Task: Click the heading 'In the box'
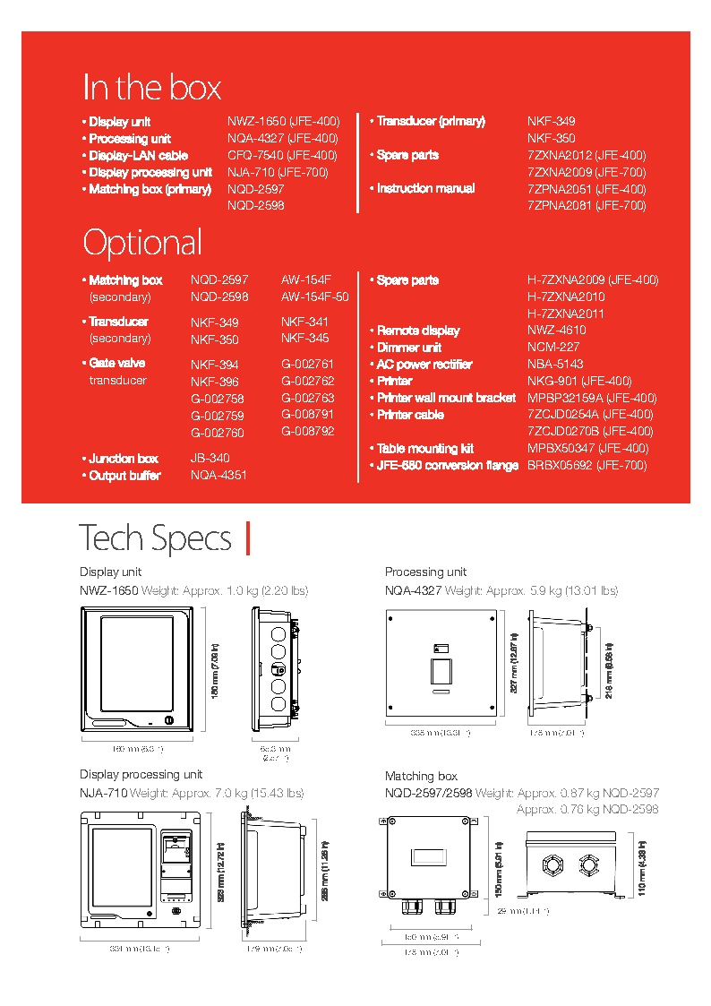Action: click(151, 88)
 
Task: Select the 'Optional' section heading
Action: click(142, 243)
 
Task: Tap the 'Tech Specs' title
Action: click(155, 538)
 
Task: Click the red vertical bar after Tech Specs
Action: click(247, 538)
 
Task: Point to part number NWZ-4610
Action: click(556, 330)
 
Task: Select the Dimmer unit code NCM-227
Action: click(553, 347)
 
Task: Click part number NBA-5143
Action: click(555, 364)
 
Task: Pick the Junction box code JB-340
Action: click(210, 458)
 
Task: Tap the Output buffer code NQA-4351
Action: click(218, 475)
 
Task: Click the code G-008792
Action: click(307, 431)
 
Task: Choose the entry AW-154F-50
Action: click(314, 297)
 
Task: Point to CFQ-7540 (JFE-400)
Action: click(282, 155)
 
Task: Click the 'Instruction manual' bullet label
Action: click(425, 188)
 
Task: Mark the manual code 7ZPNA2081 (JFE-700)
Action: click(586, 205)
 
